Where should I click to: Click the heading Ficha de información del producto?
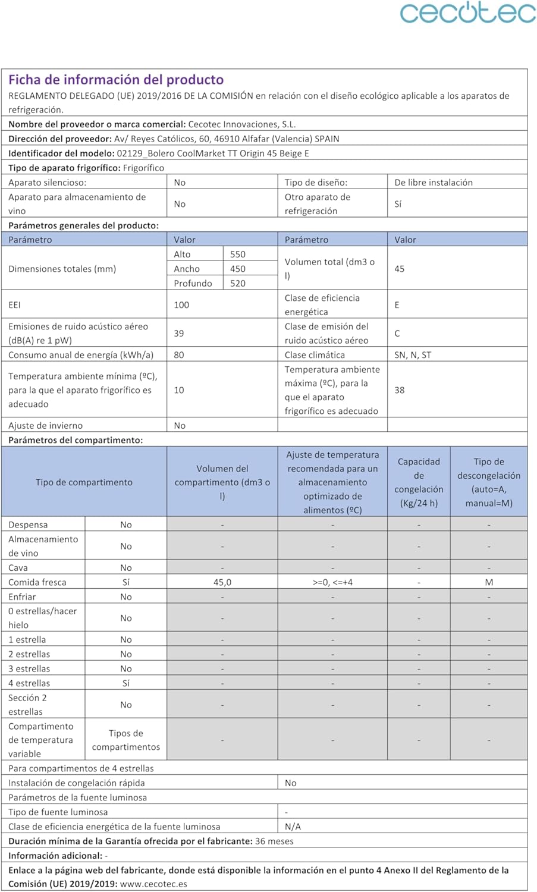[116, 80]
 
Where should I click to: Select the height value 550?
[238, 254]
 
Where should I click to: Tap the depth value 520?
[238, 283]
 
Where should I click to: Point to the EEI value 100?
[181, 305]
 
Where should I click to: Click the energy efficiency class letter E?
[397, 305]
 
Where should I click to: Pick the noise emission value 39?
[179, 334]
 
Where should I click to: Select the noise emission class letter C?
[397, 334]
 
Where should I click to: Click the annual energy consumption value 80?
[179, 355]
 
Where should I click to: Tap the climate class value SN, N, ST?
[413, 355]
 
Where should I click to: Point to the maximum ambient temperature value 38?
[400, 390]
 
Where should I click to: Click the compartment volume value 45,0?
[222, 582]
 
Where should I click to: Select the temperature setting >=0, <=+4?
[332, 582]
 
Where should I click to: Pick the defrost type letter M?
[489, 582]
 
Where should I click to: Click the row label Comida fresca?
[37, 582]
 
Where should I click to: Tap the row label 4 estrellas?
[29, 683]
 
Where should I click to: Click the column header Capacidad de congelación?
[419, 482]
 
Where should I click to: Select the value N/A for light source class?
[293, 827]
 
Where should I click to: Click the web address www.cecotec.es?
[153, 884]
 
